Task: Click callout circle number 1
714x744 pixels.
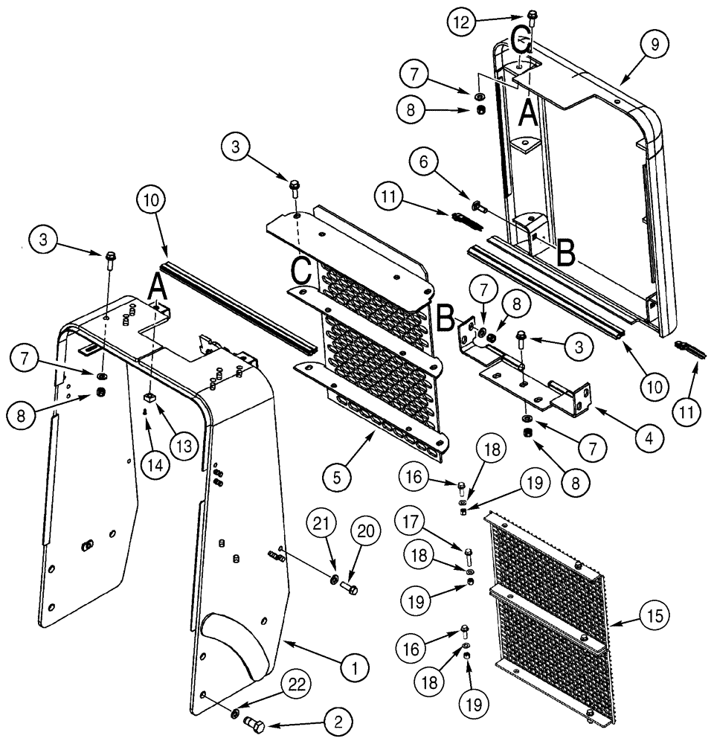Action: coord(356,668)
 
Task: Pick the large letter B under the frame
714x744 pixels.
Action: coord(565,254)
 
